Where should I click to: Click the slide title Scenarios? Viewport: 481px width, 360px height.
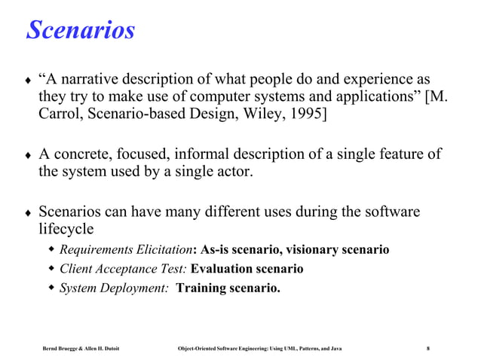pos(81,31)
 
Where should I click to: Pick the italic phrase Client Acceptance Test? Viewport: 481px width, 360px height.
pos(123,268)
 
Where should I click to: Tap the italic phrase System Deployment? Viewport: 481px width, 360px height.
pos(113,287)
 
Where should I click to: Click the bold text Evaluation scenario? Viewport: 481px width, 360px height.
pos(247,268)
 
